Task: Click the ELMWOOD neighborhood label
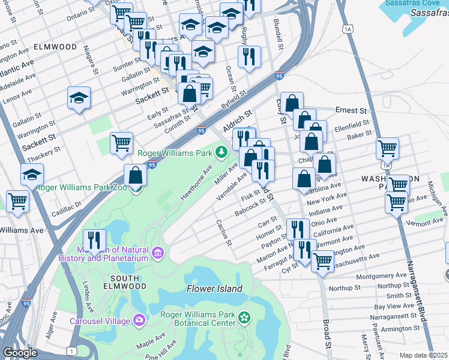point(55,47)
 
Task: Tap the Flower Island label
point(214,289)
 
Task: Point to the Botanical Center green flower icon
point(244,317)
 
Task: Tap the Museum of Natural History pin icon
point(158,253)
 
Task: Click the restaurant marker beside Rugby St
point(249,56)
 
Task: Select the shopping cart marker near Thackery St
point(122,143)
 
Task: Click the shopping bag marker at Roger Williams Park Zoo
point(136,175)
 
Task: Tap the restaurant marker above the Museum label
point(94,240)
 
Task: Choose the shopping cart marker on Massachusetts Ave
point(323,261)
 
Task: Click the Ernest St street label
point(351,111)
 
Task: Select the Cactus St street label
point(224,232)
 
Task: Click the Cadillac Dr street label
point(66,205)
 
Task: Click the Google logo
point(20,353)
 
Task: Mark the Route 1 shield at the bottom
point(72,350)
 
